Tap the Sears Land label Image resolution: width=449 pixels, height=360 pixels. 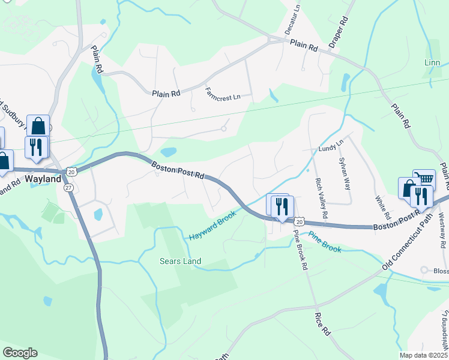[180, 261]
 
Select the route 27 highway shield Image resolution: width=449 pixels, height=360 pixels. [68, 187]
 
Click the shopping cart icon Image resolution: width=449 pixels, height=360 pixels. [424, 178]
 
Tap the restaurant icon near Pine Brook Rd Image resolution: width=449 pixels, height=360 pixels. [281, 206]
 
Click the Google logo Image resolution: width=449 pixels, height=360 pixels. [20, 353]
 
